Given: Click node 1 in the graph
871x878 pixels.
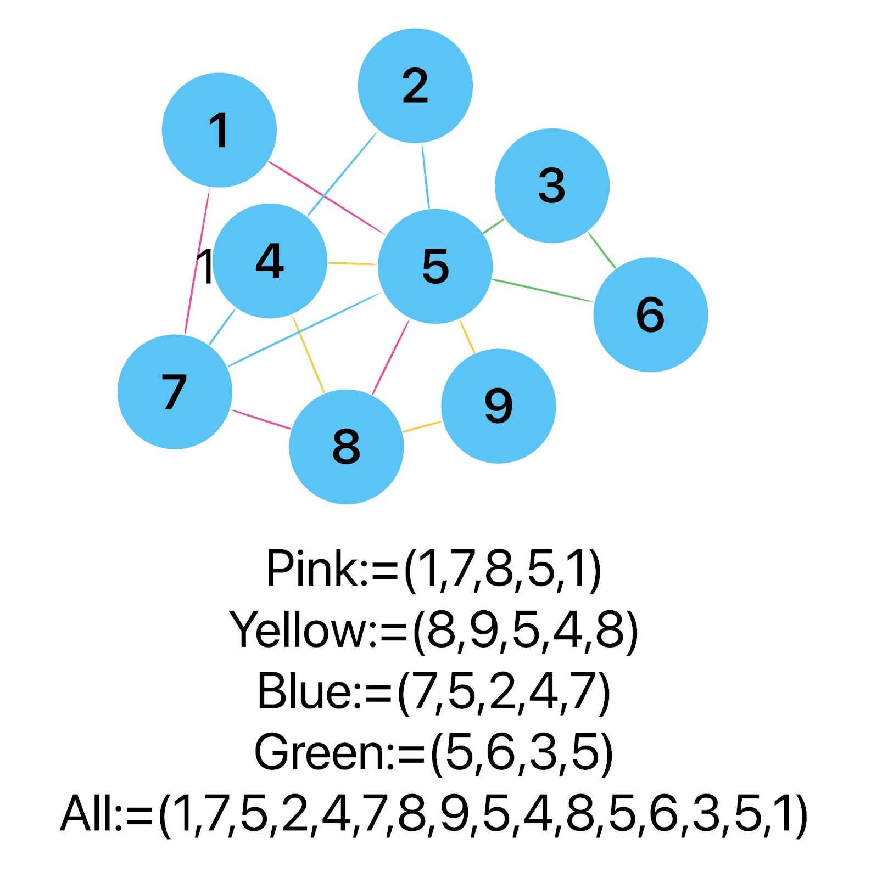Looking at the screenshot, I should pyautogui.click(x=219, y=130).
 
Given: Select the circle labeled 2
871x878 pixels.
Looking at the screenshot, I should pyautogui.click(x=415, y=86).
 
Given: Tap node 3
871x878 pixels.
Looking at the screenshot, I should pyautogui.click(x=552, y=185).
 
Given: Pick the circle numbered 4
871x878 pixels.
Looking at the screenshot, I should pyautogui.click(x=270, y=261).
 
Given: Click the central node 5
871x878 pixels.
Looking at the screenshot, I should pyautogui.click(x=435, y=266).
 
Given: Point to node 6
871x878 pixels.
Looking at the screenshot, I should pyautogui.click(x=651, y=314).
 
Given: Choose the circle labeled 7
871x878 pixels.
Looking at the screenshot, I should pyautogui.click(x=175, y=392).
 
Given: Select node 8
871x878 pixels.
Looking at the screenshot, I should pyautogui.click(x=347, y=447).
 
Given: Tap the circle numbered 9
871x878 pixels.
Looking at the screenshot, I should pyautogui.click(x=499, y=406).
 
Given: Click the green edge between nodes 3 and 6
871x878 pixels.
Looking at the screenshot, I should pyautogui.click(x=602, y=251).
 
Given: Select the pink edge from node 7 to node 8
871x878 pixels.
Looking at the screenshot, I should pyautogui.click(x=261, y=419).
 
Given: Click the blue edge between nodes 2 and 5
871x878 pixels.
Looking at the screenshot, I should pyautogui.click(x=426, y=176).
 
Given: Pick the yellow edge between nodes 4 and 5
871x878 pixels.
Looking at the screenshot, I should pyautogui.click(x=352, y=264).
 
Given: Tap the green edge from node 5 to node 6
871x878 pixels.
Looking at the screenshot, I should pyautogui.click(x=543, y=291).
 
